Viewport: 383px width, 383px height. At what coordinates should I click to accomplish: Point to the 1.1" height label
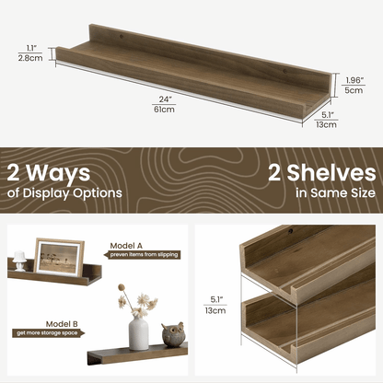[31, 47]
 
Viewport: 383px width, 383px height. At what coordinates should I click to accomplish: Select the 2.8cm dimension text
[31, 57]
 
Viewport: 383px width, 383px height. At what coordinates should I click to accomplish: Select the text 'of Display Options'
[64, 193]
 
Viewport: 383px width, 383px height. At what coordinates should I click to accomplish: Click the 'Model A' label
[126, 246]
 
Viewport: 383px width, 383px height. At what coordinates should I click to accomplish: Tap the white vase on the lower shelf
[139, 333]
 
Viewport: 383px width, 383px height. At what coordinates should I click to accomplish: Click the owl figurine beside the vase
[172, 336]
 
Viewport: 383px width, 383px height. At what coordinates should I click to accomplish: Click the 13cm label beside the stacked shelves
[215, 310]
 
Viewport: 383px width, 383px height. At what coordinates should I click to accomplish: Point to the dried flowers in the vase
[138, 301]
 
